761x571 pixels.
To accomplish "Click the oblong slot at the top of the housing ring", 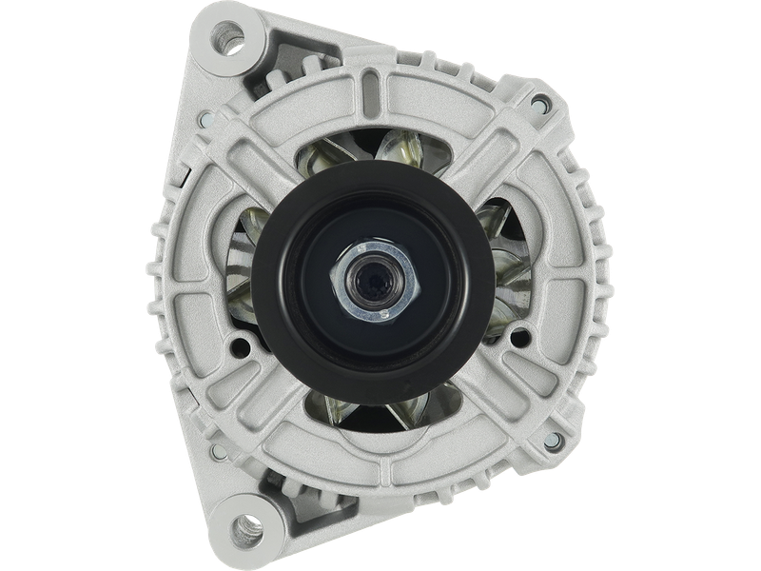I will click(x=380, y=90).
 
